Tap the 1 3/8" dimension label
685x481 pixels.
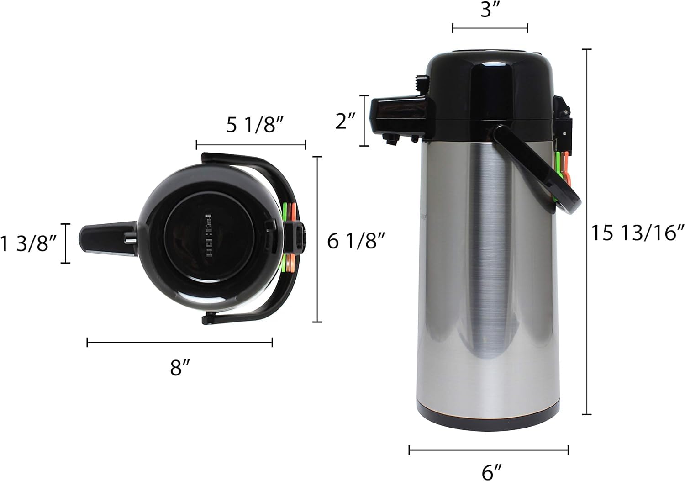point(28,243)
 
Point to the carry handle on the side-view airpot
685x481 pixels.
point(548,174)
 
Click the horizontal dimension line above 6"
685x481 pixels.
point(489,450)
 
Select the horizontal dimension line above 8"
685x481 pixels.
point(179,342)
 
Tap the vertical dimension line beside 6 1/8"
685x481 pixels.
point(317,239)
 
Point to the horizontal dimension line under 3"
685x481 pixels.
point(490,28)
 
